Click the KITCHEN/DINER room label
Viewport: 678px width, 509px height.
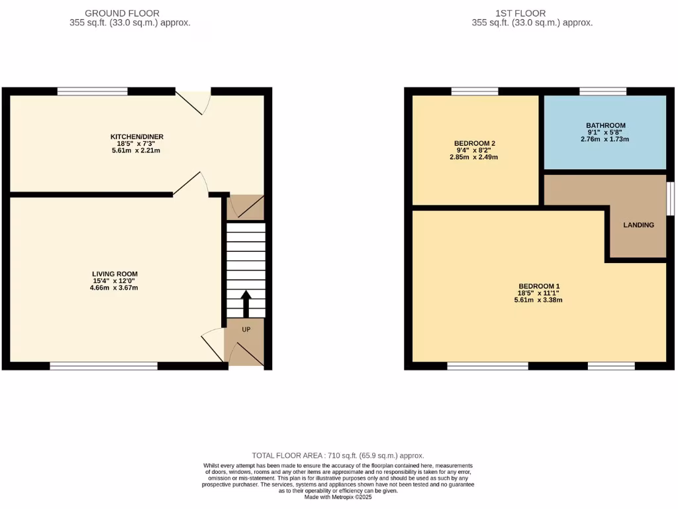coord(136,137)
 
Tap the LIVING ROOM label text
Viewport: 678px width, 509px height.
coord(115,274)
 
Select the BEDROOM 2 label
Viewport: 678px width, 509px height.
coord(475,143)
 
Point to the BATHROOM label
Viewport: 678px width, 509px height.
coord(605,125)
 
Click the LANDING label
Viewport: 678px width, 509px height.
coord(638,225)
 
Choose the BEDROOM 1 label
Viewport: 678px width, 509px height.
coord(538,286)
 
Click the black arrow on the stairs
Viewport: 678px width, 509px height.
coord(246,303)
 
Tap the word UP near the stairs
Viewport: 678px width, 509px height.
coord(246,329)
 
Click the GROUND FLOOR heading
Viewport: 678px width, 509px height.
coord(122,13)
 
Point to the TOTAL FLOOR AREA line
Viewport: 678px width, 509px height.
coord(338,455)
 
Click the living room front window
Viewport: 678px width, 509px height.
coord(104,366)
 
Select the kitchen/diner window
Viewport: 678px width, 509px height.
coord(92,91)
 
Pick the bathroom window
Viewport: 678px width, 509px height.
coord(603,91)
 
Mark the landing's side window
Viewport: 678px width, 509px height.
coord(670,198)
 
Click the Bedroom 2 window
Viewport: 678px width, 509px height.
coord(475,91)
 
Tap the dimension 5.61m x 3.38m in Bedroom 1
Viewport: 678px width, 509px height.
coord(538,300)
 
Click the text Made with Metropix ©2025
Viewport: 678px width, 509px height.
coord(338,497)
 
